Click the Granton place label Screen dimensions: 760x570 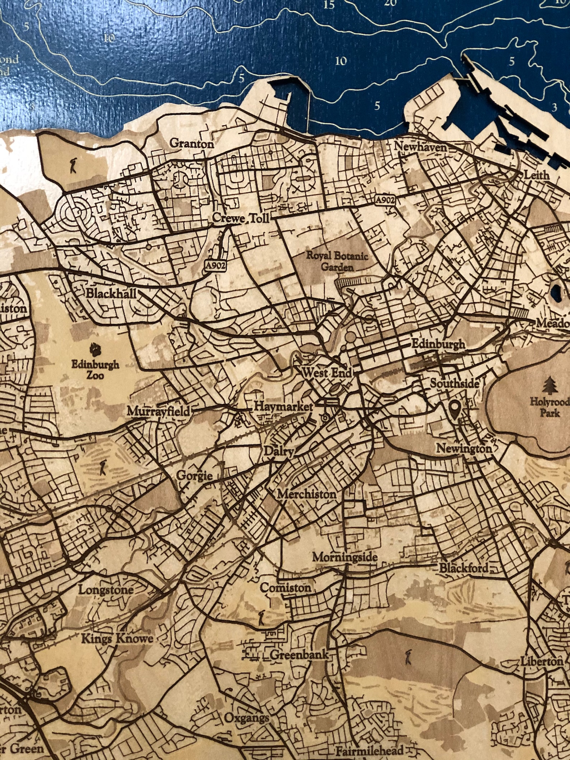[191, 144]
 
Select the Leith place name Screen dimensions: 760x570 [537, 175]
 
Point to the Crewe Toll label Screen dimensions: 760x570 [240, 218]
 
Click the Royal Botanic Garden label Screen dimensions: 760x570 [337, 261]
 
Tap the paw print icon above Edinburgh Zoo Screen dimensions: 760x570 [95, 348]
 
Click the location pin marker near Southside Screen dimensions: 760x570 [455, 411]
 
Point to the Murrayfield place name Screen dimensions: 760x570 [158, 411]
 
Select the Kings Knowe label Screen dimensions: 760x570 [117, 639]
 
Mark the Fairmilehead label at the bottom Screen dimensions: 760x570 [369, 750]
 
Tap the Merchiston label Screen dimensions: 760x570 [307, 494]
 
